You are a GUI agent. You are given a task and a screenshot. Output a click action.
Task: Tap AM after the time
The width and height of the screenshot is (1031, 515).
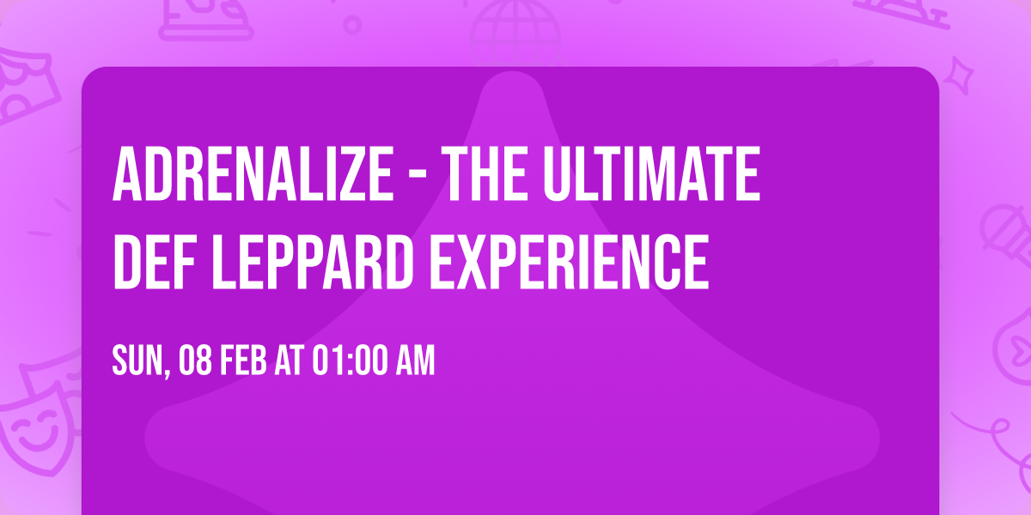[416, 361]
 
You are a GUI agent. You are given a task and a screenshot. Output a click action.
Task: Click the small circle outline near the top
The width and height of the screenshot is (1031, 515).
[351, 25]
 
